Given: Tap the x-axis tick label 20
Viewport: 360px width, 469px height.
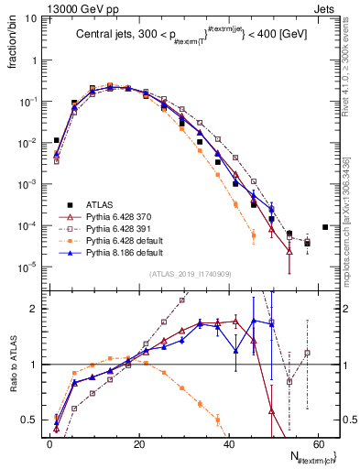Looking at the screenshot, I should point(138,442).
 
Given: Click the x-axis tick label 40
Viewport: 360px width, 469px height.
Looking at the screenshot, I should point(229,442).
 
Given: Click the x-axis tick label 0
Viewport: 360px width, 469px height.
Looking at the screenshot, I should point(49,442).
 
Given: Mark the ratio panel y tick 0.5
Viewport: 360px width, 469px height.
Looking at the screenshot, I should point(29,420).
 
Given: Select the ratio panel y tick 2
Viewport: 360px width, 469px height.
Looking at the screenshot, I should point(34,309).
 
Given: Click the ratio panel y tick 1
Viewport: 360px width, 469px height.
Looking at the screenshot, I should point(34,365).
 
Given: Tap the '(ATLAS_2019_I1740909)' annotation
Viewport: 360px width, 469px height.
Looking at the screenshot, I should point(190,274).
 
